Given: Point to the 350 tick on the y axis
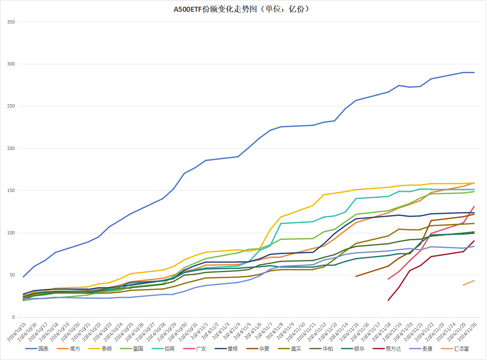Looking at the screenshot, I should click(11, 22).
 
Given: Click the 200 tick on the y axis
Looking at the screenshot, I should click(11, 149).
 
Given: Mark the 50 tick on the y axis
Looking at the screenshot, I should click(12, 275).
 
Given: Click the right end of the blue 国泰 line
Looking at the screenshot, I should click(474, 73).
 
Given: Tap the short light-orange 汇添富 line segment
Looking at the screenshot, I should click(469, 283).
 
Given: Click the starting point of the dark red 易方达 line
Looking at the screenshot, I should click(388, 300).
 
